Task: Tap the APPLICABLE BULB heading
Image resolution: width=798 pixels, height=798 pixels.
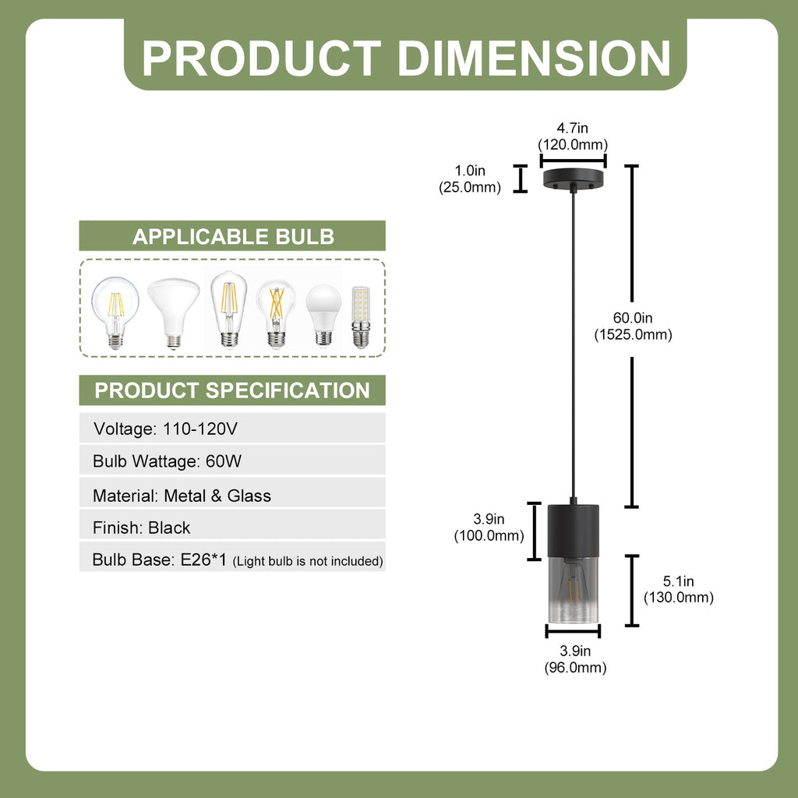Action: [233, 237]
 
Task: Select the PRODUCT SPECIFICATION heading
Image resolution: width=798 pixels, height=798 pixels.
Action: [232, 390]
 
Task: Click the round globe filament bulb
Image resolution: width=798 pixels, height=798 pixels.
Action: [115, 312]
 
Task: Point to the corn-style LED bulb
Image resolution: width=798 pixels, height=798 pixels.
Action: [361, 317]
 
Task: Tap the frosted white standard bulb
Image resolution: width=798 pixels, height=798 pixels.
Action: [323, 315]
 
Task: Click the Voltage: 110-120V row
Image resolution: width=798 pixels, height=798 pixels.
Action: [165, 429]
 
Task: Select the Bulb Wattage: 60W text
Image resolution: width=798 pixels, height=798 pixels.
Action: [167, 461]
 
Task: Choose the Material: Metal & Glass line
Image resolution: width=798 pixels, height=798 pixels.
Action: [182, 495]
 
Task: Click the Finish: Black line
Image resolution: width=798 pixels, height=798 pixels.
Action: [142, 528]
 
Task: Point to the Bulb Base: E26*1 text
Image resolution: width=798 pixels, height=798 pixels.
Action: [159, 560]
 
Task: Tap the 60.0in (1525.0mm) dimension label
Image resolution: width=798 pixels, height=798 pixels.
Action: [633, 327]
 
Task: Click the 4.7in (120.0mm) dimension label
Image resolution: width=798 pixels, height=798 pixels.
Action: [573, 136]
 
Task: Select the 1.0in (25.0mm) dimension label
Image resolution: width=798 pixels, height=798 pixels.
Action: [470, 178]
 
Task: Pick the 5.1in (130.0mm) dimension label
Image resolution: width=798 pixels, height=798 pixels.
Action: [679, 589]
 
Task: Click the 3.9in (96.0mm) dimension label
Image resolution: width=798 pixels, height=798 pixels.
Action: [575, 659]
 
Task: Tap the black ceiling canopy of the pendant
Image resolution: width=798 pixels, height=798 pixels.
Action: [573, 179]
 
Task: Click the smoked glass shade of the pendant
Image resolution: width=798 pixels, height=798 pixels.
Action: [573, 589]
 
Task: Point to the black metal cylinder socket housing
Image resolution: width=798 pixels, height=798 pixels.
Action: [573, 530]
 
